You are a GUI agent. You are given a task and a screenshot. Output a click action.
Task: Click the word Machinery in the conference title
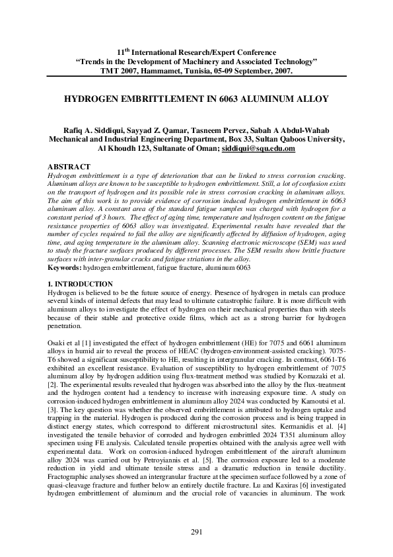(216, 60)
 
